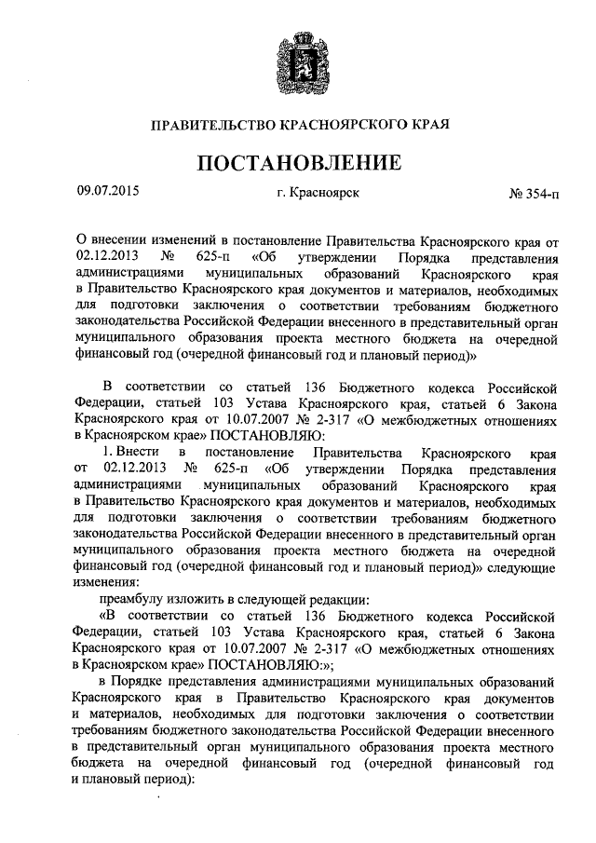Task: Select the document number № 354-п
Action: [534, 194]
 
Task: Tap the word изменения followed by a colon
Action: [107, 584]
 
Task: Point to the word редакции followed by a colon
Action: [338, 600]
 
